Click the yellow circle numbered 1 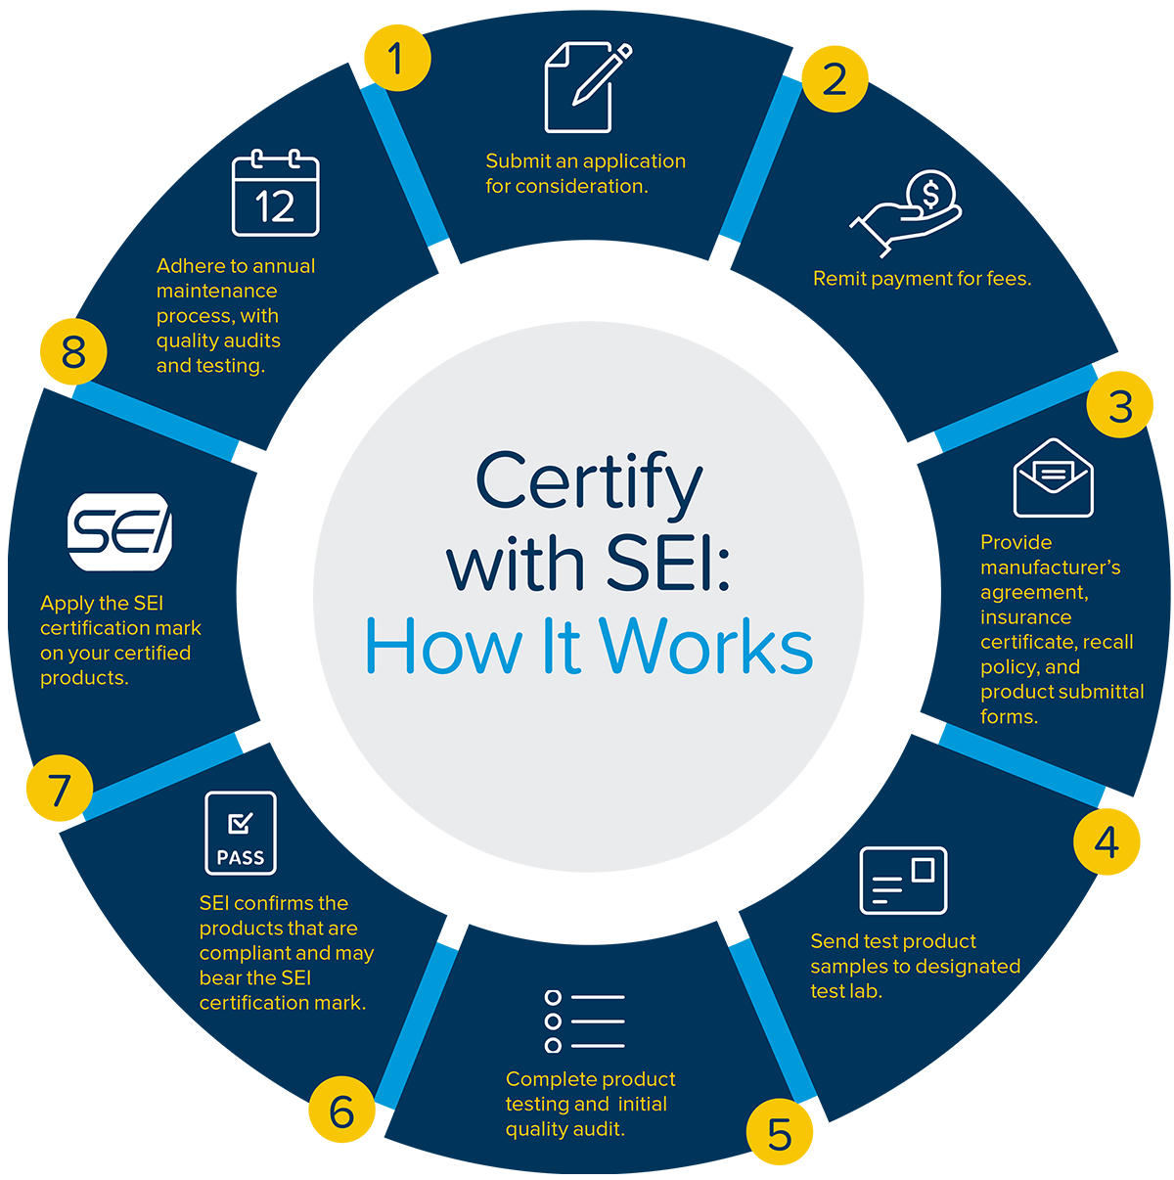pyautogui.click(x=395, y=59)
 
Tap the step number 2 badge pyautogui.click(x=834, y=79)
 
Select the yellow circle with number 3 pyautogui.click(x=1120, y=406)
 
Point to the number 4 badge pyautogui.click(x=1106, y=841)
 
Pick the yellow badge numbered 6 pyautogui.click(x=341, y=1112)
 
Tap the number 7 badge pyautogui.click(x=60, y=790)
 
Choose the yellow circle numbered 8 pyautogui.click(x=73, y=352)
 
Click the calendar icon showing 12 pyautogui.click(x=275, y=194)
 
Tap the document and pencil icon pyautogui.click(x=585, y=88)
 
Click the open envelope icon pyautogui.click(x=1053, y=478)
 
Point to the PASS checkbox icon pyautogui.click(x=241, y=833)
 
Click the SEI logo pyautogui.click(x=119, y=532)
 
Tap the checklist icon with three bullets pyautogui.click(x=584, y=1021)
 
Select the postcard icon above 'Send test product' pyautogui.click(x=902, y=881)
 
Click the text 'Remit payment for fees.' pyautogui.click(x=922, y=279)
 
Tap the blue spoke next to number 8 pyautogui.click(x=157, y=421)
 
